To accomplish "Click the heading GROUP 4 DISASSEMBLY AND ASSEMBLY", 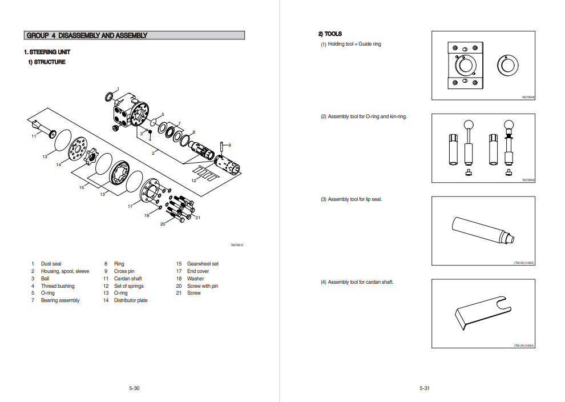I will [87, 35].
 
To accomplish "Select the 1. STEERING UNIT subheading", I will [47, 52].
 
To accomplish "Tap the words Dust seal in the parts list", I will [51, 264].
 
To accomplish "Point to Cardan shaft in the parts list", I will [128, 279].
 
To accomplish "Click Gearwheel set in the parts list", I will [203, 264].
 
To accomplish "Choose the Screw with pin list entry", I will [203, 286].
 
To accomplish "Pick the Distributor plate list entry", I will [131, 300].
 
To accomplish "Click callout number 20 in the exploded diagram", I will [163, 224].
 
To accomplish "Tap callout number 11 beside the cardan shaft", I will [34, 136].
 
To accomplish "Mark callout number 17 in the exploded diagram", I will [130, 206].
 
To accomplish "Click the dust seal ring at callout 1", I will [109, 96].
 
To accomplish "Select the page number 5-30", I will [134, 388].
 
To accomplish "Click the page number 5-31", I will [424, 388].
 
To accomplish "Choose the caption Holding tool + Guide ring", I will [354, 44].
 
